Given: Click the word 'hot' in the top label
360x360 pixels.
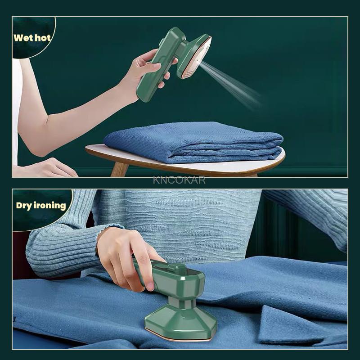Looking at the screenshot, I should pos(43,37).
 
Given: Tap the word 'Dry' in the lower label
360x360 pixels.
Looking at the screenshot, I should pos(24,206).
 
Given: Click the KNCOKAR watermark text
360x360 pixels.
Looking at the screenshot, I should pos(179,180).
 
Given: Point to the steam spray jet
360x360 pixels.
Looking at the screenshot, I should pos(234,81).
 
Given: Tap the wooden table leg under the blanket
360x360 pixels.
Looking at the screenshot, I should pos(120,169).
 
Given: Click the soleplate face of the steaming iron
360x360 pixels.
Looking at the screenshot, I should pos(198,58).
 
